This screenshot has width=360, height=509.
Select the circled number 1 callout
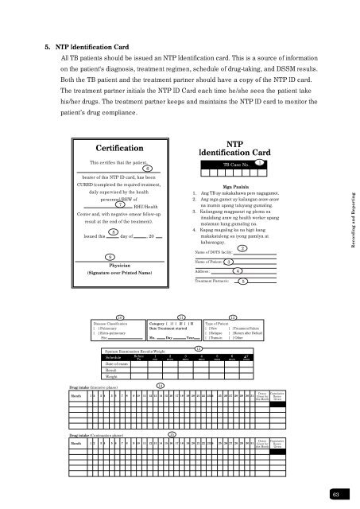tap(259, 162)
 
